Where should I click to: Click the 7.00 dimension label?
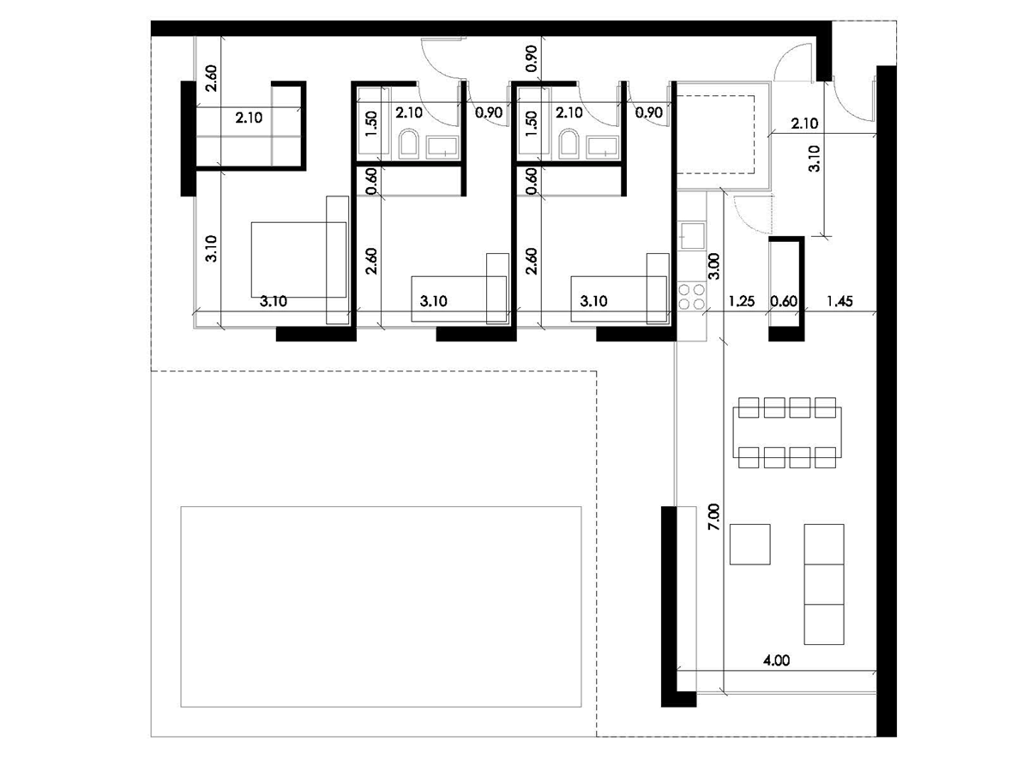(713, 517)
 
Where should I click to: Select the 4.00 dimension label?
(776, 660)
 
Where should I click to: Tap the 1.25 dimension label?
(742, 301)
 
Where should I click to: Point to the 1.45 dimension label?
(839, 301)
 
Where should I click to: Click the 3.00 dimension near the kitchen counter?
(713, 266)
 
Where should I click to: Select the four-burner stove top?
(691, 297)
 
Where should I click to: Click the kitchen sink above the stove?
(691, 236)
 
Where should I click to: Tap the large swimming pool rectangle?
(381, 606)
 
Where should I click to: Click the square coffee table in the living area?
(750, 544)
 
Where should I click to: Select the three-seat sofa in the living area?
(824, 584)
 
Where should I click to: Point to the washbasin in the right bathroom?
(603, 146)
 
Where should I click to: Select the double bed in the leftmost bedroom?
(298, 260)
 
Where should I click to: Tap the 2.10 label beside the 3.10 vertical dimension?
(804, 124)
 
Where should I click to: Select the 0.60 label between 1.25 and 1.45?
(784, 301)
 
